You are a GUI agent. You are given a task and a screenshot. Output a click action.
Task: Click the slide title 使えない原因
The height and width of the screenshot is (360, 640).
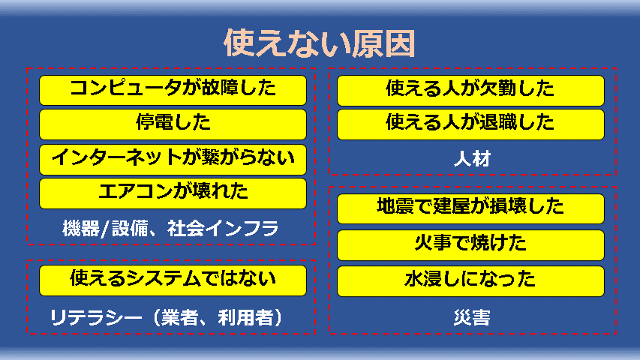click(x=320, y=43)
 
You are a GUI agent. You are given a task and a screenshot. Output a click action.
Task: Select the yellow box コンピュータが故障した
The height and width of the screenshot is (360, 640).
click(x=173, y=90)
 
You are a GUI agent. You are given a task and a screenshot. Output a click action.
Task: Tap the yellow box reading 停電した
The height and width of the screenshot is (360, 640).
click(x=173, y=124)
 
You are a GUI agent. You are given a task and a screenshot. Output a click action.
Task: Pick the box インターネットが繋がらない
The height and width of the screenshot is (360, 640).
click(x=173, y=159)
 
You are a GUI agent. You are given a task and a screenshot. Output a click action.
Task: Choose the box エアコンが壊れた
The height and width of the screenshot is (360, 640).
click(x=173, y=193)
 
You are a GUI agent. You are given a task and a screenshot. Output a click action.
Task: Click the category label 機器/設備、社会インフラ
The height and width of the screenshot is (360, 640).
click(x=170, y=229)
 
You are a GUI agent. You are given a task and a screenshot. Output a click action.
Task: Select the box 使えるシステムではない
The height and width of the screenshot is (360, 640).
click(x=173, y=280)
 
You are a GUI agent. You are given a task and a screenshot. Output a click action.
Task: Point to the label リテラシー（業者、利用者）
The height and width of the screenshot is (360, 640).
click(x=166, y=317)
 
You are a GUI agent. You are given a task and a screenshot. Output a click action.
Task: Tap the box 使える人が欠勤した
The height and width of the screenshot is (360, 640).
click(x=470, y=91)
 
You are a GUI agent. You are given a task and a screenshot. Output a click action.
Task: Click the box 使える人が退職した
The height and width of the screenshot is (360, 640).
click(x=470, y=124)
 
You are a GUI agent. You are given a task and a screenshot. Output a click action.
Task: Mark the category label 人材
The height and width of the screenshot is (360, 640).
click(x=472, y=159)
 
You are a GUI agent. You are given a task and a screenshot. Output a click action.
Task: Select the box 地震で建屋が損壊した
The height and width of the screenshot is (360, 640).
click(x=470, y=208)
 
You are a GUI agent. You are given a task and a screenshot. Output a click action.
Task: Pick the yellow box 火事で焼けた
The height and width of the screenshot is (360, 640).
click(x=470, y=245)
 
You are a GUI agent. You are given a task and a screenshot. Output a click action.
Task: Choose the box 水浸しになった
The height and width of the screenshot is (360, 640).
click(x=470, y=281)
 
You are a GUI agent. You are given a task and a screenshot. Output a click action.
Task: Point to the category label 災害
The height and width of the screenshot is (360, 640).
click(x=472, y=317)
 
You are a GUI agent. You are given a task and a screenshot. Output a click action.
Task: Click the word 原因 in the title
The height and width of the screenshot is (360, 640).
click(x=383, y=43)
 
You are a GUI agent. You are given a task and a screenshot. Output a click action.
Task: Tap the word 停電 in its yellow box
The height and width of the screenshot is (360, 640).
click(x=155, y=122)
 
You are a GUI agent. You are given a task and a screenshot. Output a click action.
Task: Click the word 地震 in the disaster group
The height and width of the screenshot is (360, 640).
click(x=395, y=206)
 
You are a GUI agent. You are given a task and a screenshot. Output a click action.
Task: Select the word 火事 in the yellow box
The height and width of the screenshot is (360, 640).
click(x=433, y=243)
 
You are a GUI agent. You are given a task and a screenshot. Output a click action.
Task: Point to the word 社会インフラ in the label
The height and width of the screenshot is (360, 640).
click(x=224, y=229)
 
